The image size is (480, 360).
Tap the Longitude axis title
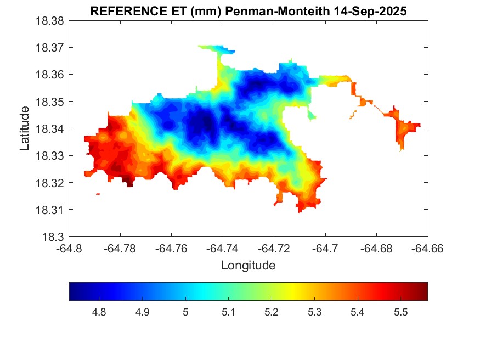click(248, 266)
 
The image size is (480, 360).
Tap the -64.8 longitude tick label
click(70, 249)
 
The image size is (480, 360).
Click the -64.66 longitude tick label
click(428, 249)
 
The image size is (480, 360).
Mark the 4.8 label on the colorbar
click(99, 312)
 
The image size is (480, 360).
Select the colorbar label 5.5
click(400, 312)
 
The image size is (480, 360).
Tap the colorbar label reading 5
click(185, 312)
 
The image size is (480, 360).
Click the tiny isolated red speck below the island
click(98, 194)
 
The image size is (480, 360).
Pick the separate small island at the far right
click(405, 128)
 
